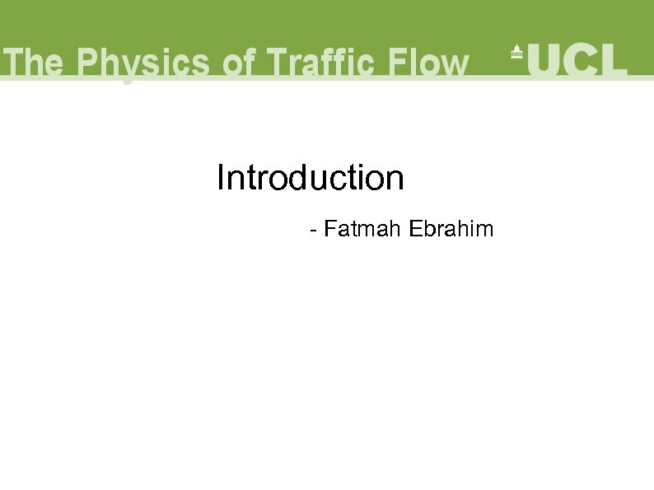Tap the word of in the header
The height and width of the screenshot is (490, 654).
(x=240, y=63)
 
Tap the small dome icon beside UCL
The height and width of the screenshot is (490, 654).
(x=516, y=51)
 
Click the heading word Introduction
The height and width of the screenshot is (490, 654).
(x=311, y=178)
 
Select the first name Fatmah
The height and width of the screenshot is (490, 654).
(x=363, y=229)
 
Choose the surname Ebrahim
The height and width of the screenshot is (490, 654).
(x=451, y=229)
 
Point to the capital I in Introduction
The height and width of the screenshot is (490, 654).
(x=220, y=178)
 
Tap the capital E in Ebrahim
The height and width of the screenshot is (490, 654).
(x=414, y=229)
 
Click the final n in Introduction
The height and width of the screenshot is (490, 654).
(x=395, y=181)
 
